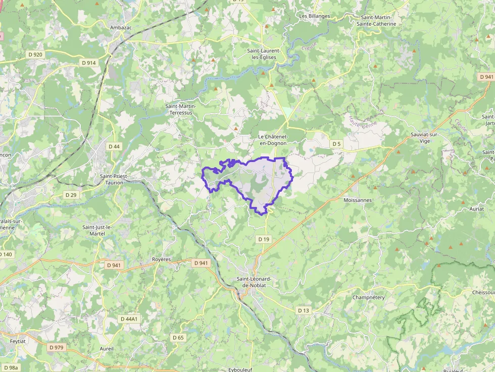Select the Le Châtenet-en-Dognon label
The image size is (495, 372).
[x=273, y=140]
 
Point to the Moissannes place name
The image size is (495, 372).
[x=357, y=200]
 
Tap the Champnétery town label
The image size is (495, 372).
[x=368, y=297]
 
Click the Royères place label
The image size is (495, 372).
[x=162, y=259]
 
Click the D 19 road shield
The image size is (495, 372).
[x=263, y=239]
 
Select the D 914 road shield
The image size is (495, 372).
[x=88, y=63]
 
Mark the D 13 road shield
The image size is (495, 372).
[x=303, y=310]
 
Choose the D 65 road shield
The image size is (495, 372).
[x=178, y=337]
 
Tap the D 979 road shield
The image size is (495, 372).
[x=57, y=347]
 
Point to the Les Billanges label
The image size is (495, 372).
[x=314, y=16]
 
